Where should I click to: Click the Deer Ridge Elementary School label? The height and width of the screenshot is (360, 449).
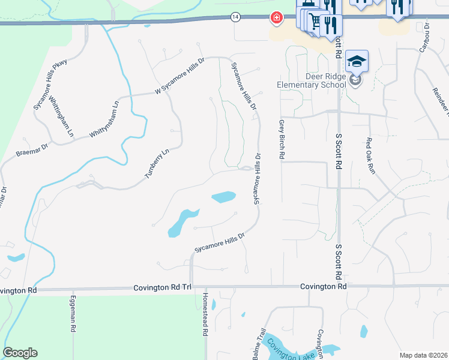click(312, 80)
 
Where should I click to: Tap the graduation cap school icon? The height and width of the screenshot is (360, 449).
click(356, 62)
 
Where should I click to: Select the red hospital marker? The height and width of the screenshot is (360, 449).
click(276, 19)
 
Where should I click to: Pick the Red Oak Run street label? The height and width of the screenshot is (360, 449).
click(370, 156)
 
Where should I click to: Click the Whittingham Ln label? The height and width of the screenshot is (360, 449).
click(60, 115)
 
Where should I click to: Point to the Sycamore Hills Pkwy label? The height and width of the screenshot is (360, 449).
click(50, 85)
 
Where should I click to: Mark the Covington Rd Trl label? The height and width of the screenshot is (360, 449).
click(162, 288)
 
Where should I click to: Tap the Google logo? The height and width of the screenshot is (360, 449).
click(20, 353)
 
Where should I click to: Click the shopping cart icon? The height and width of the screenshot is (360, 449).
click(315, 22)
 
